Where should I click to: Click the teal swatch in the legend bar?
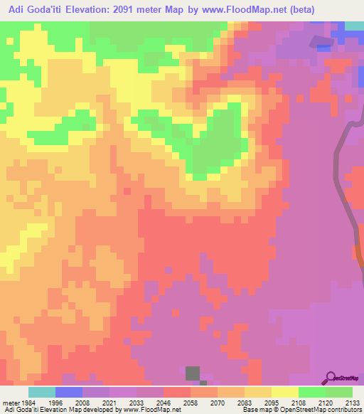pos(42,392)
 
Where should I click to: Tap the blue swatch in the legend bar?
pos(69,392)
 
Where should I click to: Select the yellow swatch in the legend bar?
pos(285,392)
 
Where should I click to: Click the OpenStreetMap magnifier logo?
pos(330,378)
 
